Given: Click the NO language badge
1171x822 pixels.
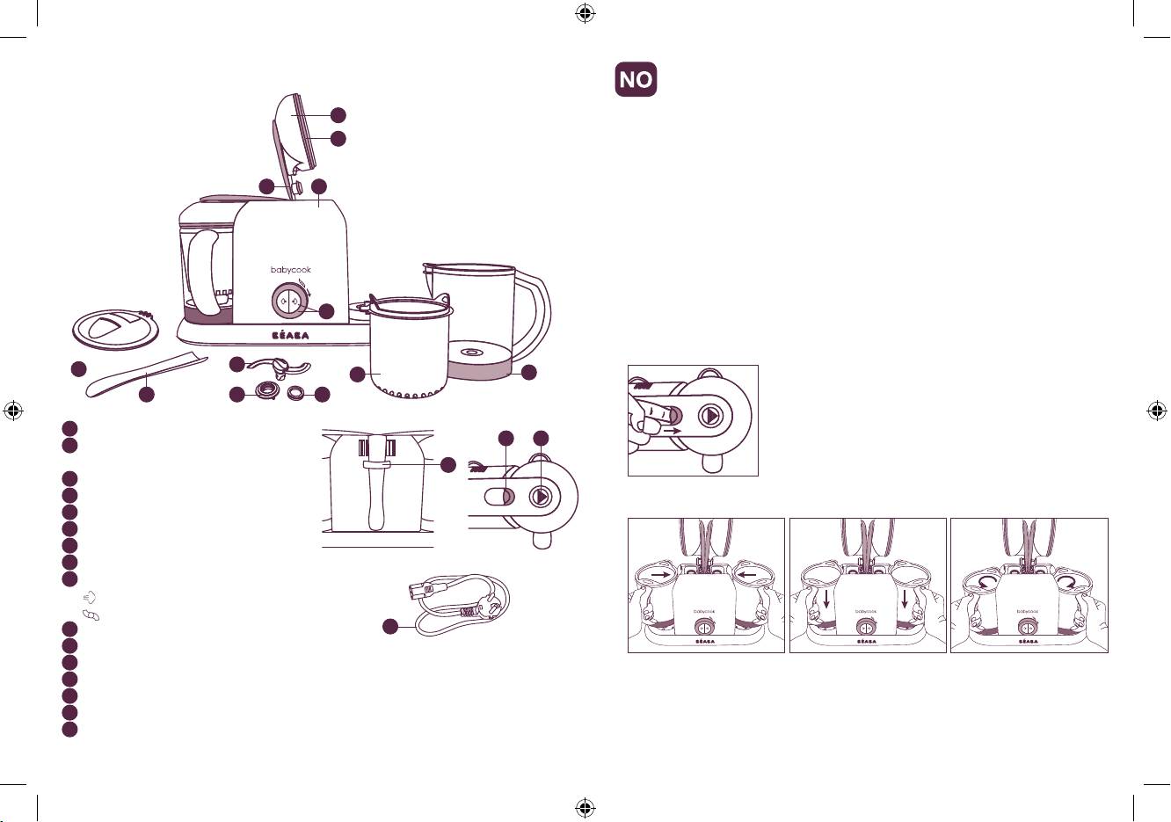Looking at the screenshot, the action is [636, 79].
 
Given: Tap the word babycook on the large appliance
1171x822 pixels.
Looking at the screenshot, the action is [291, 270].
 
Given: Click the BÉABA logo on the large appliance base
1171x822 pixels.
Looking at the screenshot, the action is [291, 336].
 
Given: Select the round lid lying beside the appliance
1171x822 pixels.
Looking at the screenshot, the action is [115, 330].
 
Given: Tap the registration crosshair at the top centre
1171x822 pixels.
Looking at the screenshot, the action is [585, 14].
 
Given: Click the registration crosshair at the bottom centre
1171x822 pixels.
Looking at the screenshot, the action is [585, 808].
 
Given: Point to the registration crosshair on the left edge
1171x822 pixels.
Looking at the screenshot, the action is [13, 411].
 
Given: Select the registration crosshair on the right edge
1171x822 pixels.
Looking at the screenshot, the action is [1158, 411].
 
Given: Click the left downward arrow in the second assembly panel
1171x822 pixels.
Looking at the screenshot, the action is [826, 599].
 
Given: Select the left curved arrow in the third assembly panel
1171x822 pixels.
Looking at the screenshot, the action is [987, 582].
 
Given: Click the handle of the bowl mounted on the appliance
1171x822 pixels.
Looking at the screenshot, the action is [203, 273].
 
